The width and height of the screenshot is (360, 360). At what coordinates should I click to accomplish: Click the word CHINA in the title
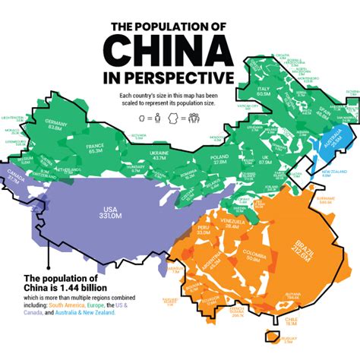coord(168,50)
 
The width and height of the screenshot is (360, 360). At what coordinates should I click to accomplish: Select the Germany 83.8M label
coord(54,125)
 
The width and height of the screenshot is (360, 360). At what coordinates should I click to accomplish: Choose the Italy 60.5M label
coord(264,92)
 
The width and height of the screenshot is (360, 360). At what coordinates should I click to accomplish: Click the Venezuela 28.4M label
coord(232,223)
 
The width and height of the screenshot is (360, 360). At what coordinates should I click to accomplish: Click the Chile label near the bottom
coord(289,321)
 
